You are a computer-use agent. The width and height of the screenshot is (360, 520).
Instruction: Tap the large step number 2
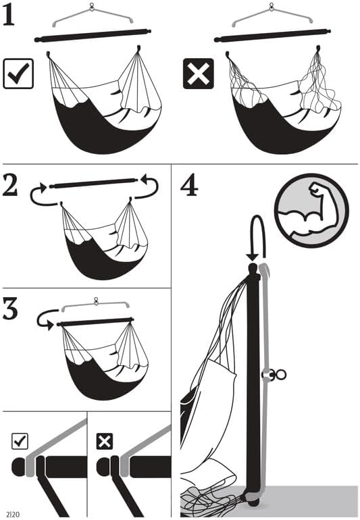click(x=11, y=186)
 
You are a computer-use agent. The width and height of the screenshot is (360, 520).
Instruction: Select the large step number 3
click(x=12, y=310)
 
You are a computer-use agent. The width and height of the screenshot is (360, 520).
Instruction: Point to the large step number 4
click(x=189, y=184)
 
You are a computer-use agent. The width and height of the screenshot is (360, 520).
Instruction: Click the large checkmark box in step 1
click(x=18, y=74)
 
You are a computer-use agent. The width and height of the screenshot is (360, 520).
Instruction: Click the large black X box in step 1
click(x=198, y=74)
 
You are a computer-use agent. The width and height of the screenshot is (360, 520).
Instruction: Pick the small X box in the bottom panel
click(x=105, y=442)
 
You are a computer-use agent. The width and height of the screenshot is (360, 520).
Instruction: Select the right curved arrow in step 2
click(x=147, y=188)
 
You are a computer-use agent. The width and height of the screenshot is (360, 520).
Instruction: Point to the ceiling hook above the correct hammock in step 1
click(x=93, y=8)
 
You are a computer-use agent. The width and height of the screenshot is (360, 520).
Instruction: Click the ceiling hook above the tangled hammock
click(x=272, y=8)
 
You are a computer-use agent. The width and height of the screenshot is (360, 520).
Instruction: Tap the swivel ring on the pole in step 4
click(x=277, y=374)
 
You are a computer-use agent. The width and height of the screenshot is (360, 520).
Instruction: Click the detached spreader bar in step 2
click(x=93, y=183)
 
